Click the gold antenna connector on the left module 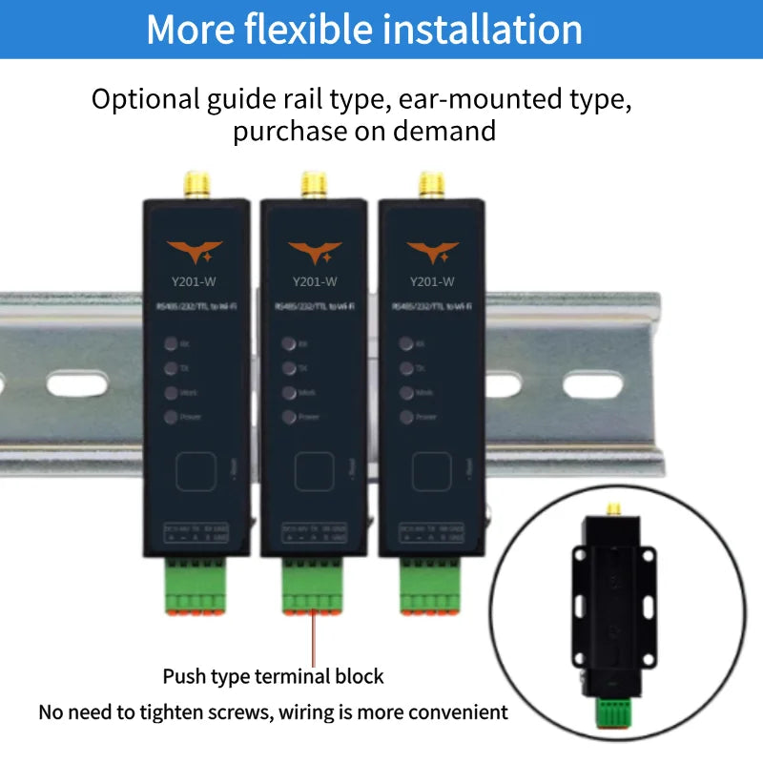click(x=196, y=183)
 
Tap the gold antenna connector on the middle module click(x=314, y=183)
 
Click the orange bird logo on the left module click(x=196, y=253)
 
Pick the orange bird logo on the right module click(x=432, y=253)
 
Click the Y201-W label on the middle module click(x=314, y=281)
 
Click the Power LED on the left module click(x=170, y=417)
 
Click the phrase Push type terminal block click(x=273, y=676)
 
